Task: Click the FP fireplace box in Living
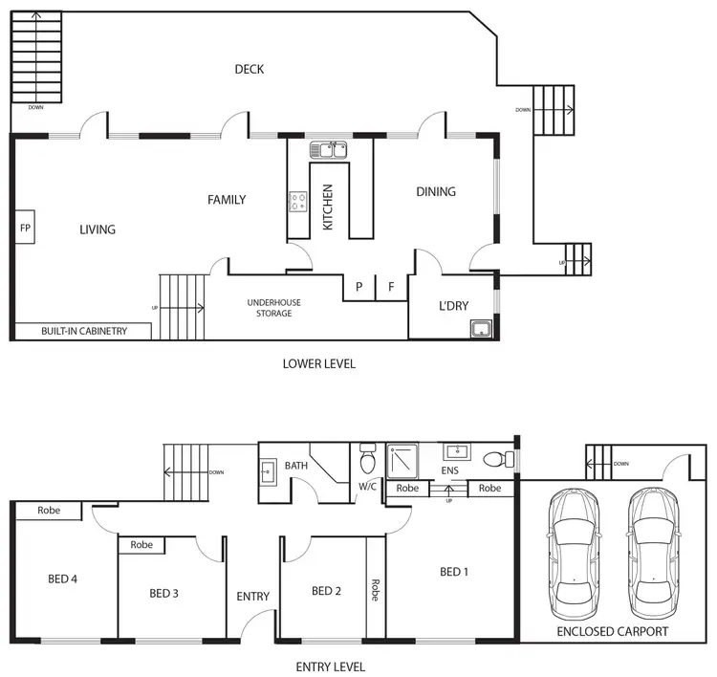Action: (x=25, y=229)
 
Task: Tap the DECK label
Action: (x=249, y=69)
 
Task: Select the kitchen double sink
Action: (x=330, y=150)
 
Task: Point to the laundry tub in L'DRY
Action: (x=480, y=330)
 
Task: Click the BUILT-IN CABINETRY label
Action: (x=83, y=332)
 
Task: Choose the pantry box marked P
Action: (x=358, y=287)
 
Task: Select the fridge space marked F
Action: (x=391, y=287)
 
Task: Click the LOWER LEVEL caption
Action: (x=319, y=364)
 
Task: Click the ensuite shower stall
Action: (x=403, y=460)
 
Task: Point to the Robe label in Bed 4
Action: (x=49, y=511)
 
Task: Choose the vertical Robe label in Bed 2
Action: (x=376, y=589)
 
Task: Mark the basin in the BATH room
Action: (x=269, y=470)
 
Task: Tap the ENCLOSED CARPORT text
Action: (x=613, y=632)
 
